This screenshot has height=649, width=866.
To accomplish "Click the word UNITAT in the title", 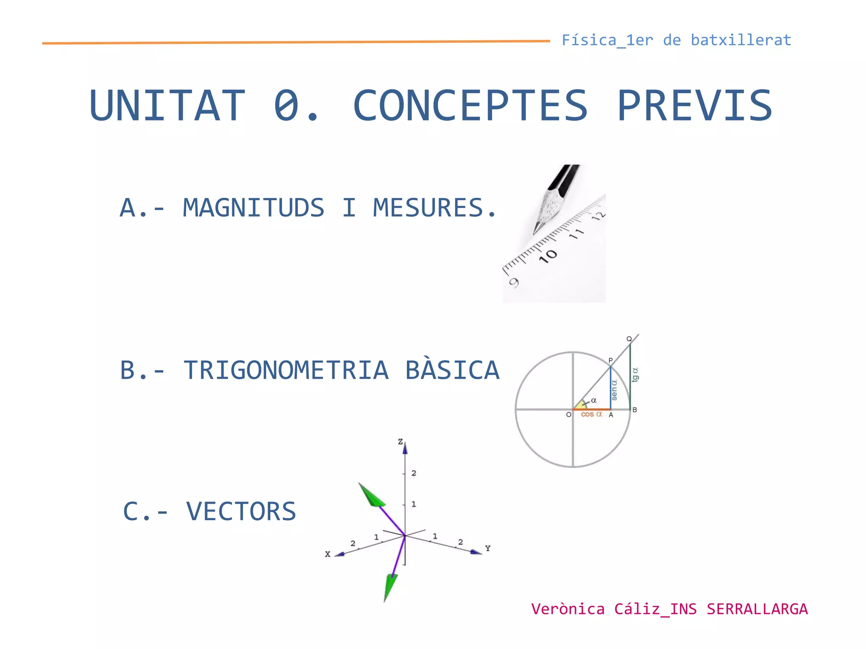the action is [167, 106].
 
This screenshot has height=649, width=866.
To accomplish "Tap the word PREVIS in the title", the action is [695, 106].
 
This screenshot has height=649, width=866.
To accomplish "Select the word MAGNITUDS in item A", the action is [253, 207].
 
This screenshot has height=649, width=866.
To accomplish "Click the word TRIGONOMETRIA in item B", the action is [286, 370].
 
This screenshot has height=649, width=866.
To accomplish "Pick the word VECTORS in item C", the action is [241, 511].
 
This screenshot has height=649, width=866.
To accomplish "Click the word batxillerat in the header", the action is [741, 40].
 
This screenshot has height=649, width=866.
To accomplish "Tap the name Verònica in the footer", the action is [568, 609].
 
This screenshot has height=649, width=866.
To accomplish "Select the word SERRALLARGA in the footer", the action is [757, 609].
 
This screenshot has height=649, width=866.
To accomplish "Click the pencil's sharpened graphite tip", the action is [536, 230].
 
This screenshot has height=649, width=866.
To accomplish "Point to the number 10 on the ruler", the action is [548, 256].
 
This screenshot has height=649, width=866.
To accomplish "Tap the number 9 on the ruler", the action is [514, 283].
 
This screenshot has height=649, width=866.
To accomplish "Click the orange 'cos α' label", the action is [591, 414].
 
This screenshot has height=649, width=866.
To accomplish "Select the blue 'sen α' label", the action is [614, 390].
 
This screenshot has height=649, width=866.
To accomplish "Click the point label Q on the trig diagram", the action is [629, 339].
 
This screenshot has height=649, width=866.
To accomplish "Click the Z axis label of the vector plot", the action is [400, 442].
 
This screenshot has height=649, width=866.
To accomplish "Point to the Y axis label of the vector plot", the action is [488, 548].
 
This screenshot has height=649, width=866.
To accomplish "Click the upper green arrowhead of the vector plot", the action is [371, 495].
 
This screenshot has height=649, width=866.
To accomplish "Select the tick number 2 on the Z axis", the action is [414, 473].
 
